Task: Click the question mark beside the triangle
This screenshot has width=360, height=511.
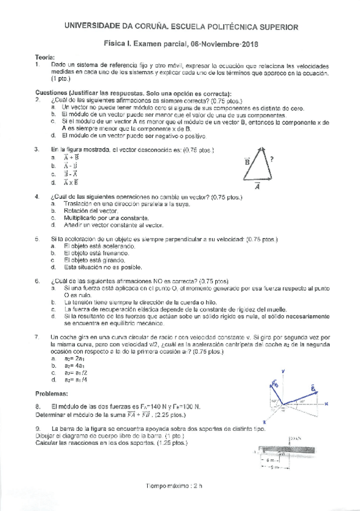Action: (273, 159)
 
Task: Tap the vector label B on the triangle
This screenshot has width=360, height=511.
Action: (247, 161)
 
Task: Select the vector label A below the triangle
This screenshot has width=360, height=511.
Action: (257, 187)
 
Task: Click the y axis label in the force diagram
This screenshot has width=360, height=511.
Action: (283, 372)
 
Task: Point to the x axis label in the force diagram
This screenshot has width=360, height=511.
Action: (326, 404)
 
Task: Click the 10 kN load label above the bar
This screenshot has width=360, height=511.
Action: (294, 437)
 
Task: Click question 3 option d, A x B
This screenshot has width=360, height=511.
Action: (71, 182)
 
